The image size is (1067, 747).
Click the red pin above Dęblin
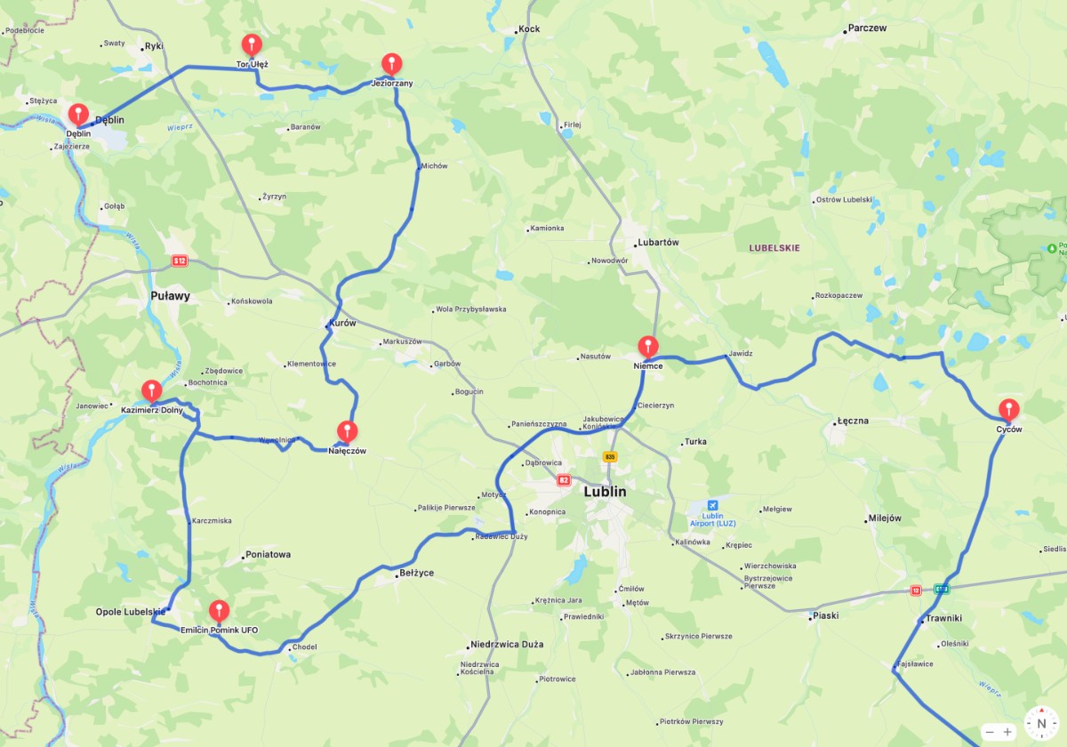coord(79,114)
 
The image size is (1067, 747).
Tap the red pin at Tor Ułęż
coord(253,44)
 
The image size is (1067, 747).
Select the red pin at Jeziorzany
coord(392,63)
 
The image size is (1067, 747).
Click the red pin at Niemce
coord(649,346)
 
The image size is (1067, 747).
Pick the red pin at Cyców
coord(1009,409)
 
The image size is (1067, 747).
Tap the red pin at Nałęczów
coord(347,431)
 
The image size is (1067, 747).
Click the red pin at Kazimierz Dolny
coord(152,390)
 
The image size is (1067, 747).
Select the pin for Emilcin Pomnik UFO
coord(219,610)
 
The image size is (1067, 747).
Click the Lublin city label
coord(605,492)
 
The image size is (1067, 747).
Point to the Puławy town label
coord(170,296)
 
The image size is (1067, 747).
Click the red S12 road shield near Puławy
coord(181,261)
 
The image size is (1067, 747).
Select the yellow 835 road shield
coord(609,457)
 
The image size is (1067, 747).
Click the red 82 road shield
coord(564,479)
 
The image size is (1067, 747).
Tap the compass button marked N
coord(1041,723)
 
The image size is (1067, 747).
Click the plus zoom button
coord(1007,732)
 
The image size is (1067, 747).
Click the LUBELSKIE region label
coord(774,248)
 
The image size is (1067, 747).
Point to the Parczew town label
coord(867,28)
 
